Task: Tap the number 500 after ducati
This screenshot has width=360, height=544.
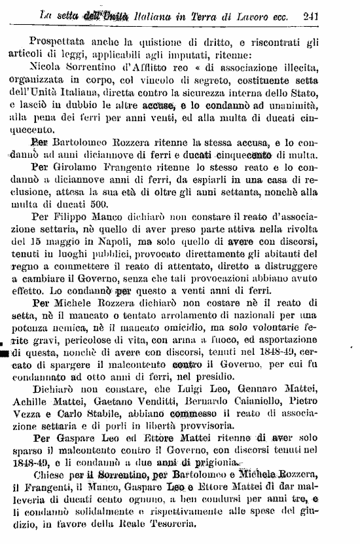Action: [105, 208]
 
